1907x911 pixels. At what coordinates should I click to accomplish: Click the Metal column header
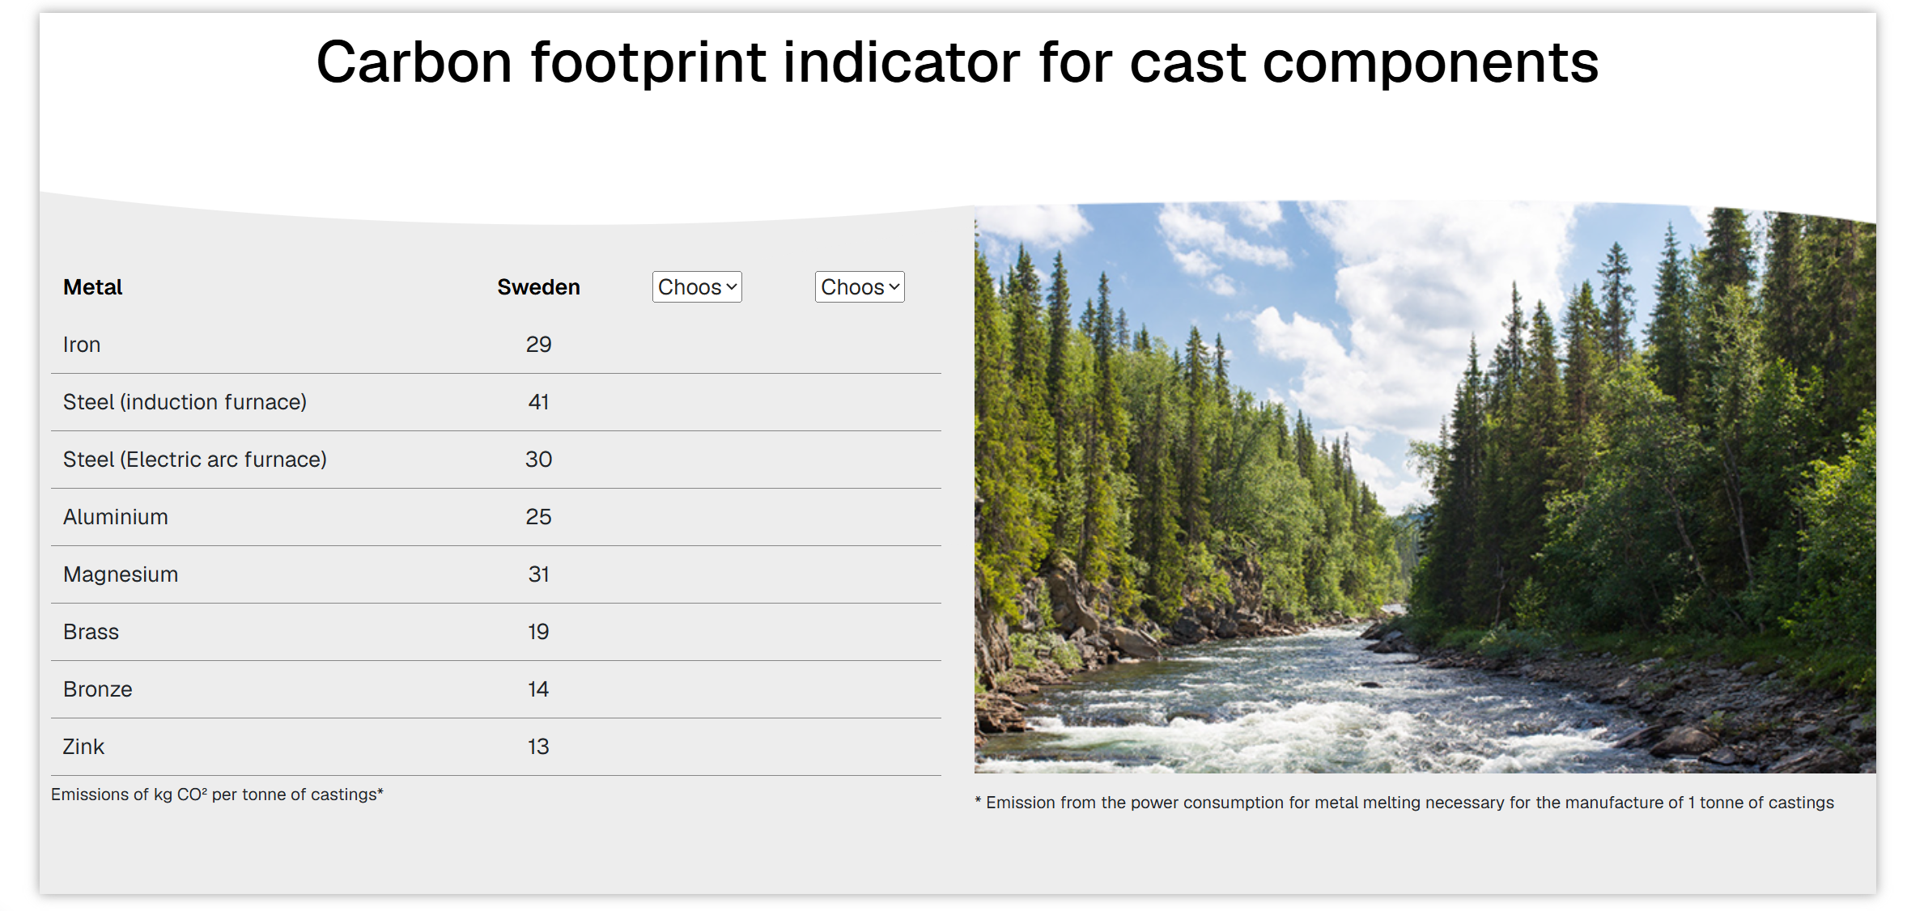(x=92, y=287)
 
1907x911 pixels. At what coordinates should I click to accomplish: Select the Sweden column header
(x=538, y=287)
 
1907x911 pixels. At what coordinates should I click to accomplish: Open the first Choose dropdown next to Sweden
(x=697, y=287)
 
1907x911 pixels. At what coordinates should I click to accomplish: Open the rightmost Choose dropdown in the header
(x=860, y=287)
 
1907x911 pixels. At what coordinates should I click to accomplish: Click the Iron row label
(x=82, y=345)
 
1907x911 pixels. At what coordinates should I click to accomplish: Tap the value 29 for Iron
(x=538, y=345)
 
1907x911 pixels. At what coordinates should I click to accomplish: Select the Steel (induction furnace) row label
(x=185, y=402)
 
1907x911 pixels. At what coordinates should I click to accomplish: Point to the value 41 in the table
(x=538, y=402)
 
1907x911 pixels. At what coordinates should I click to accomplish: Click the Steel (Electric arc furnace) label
(x=195, y=460)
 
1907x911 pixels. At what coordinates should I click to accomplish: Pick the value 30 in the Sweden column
(x=538, y=460)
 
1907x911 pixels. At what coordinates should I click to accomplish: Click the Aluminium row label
(x=116, y=517)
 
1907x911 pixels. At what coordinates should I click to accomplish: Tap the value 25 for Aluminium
(x=538, y=517)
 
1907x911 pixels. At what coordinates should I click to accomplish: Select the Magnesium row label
(x=121, y=574)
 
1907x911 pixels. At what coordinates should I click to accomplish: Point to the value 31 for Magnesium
(x=538, y=574)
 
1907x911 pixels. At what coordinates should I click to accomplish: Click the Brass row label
(x=91, y=632)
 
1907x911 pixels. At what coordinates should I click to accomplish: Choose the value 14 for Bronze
(x=538, y=689)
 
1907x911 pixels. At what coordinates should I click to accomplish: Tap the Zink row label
(x=83, y=747)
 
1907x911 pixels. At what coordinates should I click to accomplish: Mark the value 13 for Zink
(x=538, y=747)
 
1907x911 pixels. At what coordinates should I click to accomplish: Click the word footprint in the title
(x=648, y=63)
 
